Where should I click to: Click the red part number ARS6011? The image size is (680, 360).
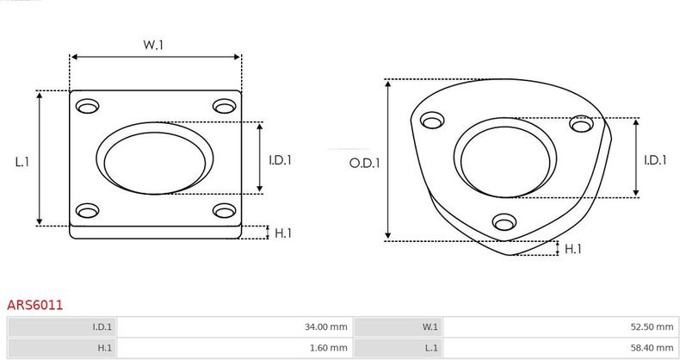click(34, 305)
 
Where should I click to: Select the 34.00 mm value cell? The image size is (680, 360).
click(235, 326)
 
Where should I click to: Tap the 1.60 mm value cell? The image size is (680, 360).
click(235, 347)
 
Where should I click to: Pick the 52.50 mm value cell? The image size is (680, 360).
click(560, 326)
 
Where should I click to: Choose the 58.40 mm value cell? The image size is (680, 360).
click(560, 347)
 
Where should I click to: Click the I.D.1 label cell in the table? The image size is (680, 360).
click(62, 326)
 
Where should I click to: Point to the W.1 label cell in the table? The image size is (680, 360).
click(399, 326)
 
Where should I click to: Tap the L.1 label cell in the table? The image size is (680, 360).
click(399, 347)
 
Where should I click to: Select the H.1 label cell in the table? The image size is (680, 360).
click(62, 347)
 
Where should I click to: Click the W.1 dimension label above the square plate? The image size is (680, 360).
click(153, 45)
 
